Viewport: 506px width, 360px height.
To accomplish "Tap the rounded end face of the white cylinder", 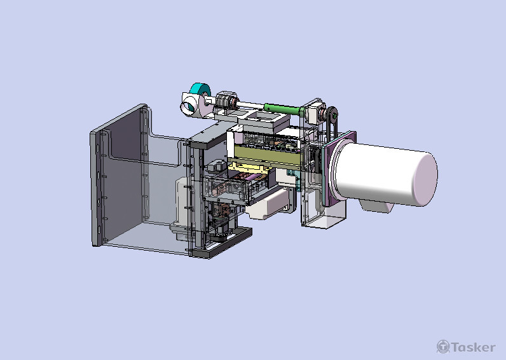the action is click(425, 179).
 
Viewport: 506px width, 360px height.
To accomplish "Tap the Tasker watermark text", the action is click(473, 347).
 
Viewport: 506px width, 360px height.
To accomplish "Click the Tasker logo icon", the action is click(443, 347).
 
